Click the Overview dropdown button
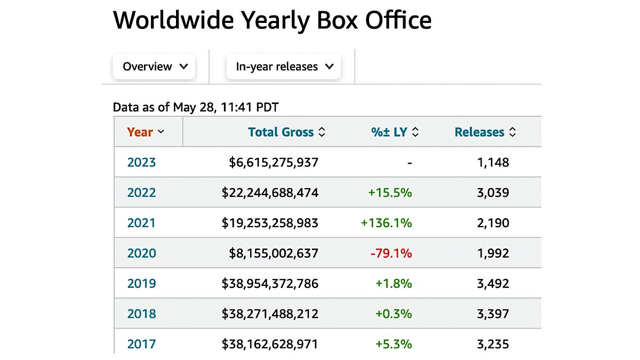(154, 67)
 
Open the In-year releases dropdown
(284, 67)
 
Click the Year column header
(145, 132)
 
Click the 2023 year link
(141, 162)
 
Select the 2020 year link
(141, 253)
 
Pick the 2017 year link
(141, 344)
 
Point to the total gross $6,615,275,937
(274, 162)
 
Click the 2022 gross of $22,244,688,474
(270, 193)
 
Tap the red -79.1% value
(391, 253)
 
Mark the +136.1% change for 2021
(387, 223)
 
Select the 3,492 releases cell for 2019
(493, 283)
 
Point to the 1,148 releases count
(493, 162)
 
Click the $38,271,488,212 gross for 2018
(270, 314)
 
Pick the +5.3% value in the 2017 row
(394, 344)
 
